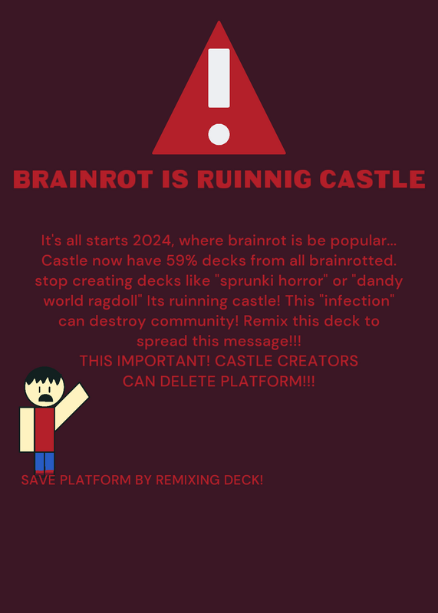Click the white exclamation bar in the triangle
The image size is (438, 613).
click(219, 78)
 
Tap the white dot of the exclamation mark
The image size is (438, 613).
click(219, 134)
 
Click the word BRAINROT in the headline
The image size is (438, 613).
click(83, 179)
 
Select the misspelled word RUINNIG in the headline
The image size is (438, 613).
click(254, 179)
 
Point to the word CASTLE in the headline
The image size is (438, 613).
click(372, 179)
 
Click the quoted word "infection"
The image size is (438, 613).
click(355, 301)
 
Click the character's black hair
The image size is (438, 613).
click(44, 376)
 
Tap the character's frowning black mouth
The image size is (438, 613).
click(46, 398)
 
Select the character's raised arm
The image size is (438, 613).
click(71, 406)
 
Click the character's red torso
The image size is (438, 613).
click(44, 430)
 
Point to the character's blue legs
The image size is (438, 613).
click(44, 462)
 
